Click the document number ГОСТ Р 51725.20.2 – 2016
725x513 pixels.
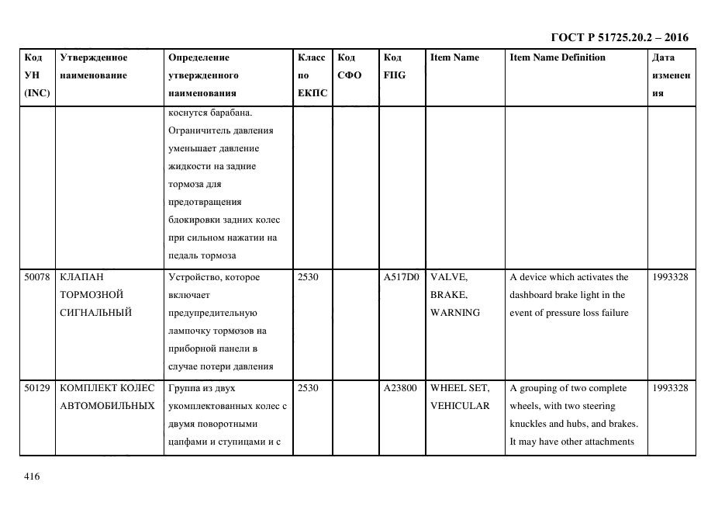point(619,37)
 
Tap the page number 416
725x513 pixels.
point(32,477)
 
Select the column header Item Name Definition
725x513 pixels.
point(558,57)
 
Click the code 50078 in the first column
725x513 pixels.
point(38,277)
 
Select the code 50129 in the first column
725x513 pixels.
point(38,388)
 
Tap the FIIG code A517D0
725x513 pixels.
point(401,277)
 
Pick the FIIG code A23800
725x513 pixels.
point(401,388)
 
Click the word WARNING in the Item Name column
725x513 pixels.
point(455,313)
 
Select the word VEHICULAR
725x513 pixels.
point(460,406)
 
